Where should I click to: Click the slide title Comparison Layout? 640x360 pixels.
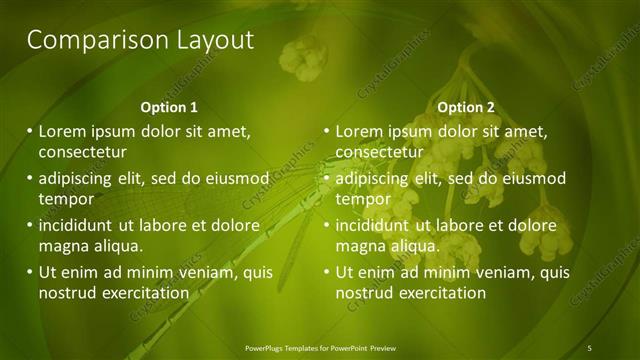click(x=140, y=40)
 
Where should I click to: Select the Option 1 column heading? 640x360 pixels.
click(x=169, y=107)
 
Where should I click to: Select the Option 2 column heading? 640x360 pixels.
click(x=466, y=107)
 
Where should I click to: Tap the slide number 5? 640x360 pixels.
click(x=590, y=348)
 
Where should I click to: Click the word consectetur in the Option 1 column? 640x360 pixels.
click(x=83, y=153)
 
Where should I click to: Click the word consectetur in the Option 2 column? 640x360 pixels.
click(x=380, y=153)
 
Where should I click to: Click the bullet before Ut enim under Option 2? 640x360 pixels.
click(x=326, y=272)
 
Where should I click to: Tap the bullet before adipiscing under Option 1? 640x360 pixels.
click(x=29, y=179)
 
